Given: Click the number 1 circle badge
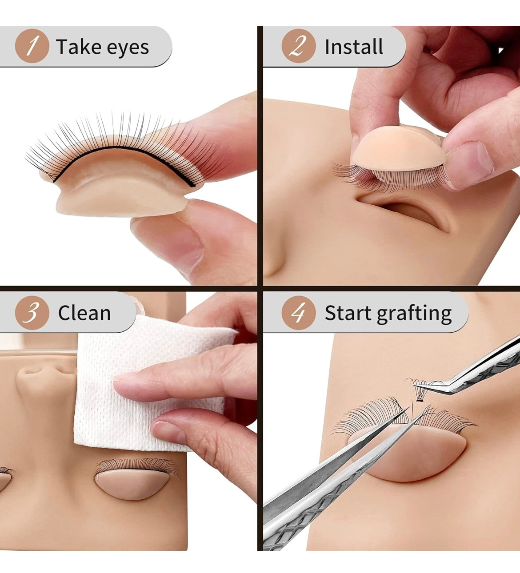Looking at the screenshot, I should click(32, 46).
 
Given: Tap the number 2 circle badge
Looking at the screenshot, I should click(298, 46).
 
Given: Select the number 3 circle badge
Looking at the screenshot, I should click(32, 313).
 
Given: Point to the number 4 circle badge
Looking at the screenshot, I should click(298, 313).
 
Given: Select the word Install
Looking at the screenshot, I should click(354, 47).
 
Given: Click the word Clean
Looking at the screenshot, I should click(84, 313).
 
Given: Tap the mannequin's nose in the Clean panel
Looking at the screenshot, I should click(36, 378).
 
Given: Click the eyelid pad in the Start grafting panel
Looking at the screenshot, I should click(413, 455).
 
